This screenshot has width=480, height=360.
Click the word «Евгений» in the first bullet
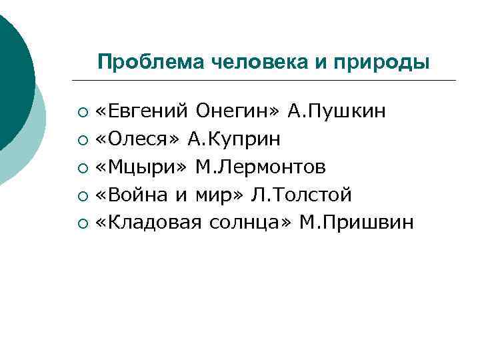point(143,111)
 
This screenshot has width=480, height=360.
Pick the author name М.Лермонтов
point(261,167)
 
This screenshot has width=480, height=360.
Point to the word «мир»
point(219,195)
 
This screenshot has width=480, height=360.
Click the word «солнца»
point(251,223)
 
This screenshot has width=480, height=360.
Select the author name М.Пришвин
point(357,223)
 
